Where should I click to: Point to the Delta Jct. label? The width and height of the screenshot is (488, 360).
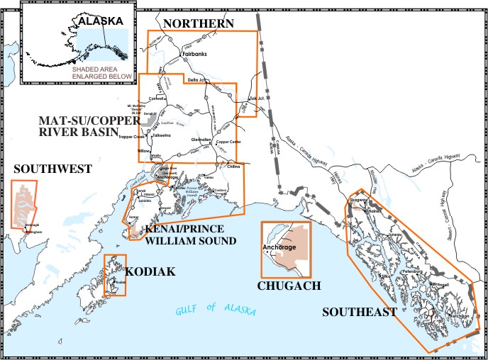[199, 80]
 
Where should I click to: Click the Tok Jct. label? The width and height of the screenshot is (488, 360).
[256, 99]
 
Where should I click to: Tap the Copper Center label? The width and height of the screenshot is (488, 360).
[228, 142]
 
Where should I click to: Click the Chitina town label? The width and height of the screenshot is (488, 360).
[234, 167]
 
